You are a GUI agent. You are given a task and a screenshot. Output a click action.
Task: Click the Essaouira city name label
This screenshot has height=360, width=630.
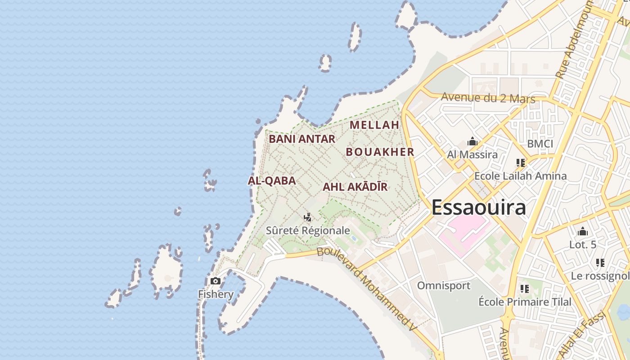click(x=478, y=207)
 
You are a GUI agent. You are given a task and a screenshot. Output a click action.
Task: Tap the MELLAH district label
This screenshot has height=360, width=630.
click(x=374, y=125)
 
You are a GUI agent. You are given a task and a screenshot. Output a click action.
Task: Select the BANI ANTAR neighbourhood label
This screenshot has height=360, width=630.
click(x=302, y=139)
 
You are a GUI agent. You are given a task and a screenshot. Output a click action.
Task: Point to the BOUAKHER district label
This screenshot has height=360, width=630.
click(x=380, y=152)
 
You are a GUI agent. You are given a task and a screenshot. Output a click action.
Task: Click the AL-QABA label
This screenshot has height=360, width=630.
click(x=272, y=181)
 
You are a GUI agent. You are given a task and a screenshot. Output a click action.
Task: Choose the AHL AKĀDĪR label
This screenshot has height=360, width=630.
click(x=355, y=187)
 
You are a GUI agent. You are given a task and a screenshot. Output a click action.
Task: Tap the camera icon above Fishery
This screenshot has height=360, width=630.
click(x=216, y=281)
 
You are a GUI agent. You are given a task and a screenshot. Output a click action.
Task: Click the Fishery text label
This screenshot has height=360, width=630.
click(x=216, y=295)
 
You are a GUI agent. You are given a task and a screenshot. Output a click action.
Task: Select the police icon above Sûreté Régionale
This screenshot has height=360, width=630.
click(x=308, y=218)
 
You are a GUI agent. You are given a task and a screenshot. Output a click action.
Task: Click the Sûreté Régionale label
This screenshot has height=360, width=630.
click(x=308, y=231)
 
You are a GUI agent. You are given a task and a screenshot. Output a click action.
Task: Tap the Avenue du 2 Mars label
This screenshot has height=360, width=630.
click(x=488, y=98)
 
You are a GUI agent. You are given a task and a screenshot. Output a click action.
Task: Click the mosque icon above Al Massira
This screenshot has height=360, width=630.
click(x=472, y=142)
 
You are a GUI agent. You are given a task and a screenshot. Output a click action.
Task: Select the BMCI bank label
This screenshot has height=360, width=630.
click(x=540, y=144)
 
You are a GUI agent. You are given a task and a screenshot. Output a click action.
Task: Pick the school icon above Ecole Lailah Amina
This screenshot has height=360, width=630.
click(x=521, y=163)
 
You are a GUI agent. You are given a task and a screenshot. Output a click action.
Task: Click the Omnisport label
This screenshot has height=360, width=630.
click(x=443, y=286)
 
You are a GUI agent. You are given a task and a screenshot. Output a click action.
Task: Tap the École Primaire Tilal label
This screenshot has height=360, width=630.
click(x=525, y=302)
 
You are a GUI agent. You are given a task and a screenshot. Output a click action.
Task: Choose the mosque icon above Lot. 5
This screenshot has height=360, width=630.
click(x=583, y=232)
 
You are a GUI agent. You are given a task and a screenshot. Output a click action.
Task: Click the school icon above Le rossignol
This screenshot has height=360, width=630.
click(x=600, y=263)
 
